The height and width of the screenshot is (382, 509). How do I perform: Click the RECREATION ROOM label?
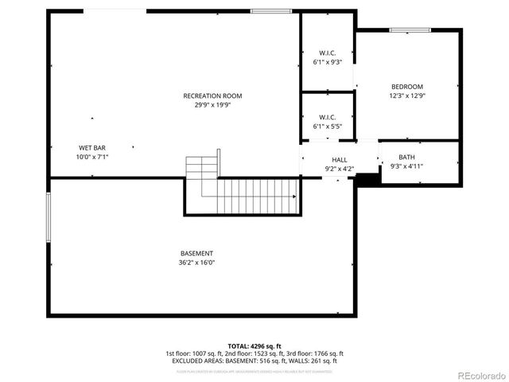[212, 96]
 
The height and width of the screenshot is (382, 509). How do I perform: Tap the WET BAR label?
[92, 148]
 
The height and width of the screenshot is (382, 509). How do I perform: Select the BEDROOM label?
[406, 87]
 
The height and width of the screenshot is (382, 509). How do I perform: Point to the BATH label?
[406, 157]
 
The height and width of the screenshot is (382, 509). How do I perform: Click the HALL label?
[340, 159]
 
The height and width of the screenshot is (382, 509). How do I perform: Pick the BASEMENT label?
[196, 253]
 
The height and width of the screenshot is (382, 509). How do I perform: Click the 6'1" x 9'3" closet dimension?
[327, 61]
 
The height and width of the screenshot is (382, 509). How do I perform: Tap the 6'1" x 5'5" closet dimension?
[327, 126]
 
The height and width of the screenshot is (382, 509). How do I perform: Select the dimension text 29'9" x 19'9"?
[212, 105]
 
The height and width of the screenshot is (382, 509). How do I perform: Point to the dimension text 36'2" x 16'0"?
[196, 262]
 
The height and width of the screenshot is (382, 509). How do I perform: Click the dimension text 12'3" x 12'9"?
[406, 95]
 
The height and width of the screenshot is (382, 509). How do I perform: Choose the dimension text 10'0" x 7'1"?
[92, 157]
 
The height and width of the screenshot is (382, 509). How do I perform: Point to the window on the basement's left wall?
[49, 216]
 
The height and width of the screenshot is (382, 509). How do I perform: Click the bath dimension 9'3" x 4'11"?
[406, 166]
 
